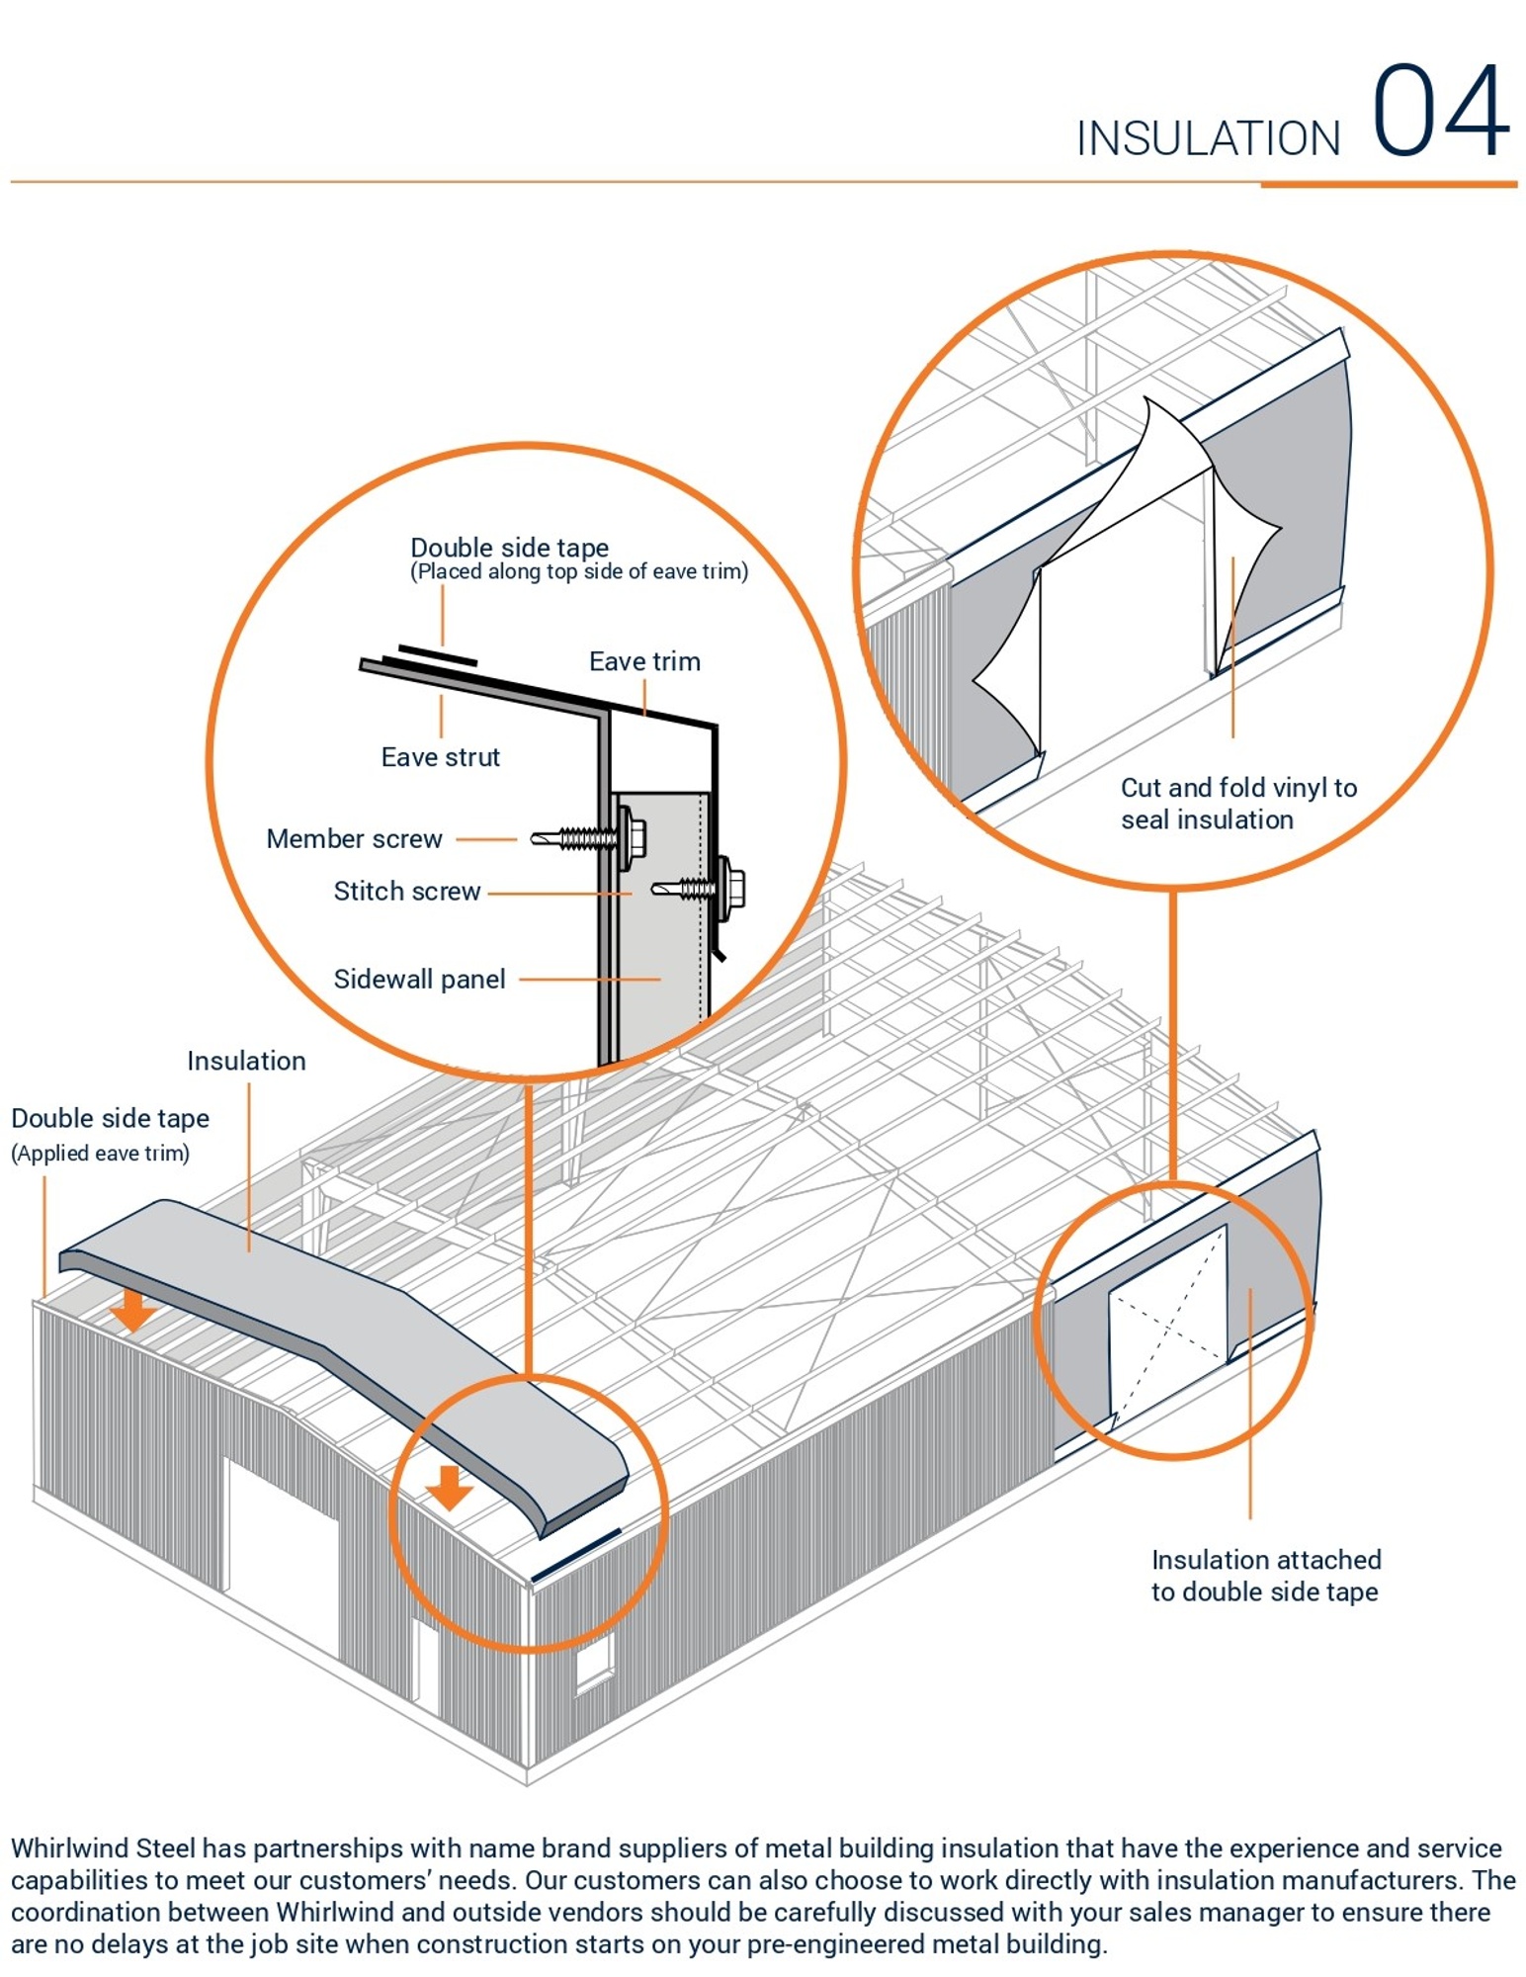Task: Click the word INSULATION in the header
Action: click(1207, 138)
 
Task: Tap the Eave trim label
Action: click(644, 661)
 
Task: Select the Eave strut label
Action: click(440, 757)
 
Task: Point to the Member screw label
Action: click(354, 839)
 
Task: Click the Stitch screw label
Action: click(406, 892)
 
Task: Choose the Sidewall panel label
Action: click(419, 980)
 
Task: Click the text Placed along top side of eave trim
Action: click(578, 572)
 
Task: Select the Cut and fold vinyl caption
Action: click(1237, 803)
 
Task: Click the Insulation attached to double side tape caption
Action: click(1265, 1575)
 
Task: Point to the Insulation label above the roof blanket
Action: click(246, 1061)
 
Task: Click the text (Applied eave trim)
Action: click(100, 1153)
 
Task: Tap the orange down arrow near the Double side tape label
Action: click(132, 1310)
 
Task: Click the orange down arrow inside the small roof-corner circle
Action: click(450, 1487)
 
